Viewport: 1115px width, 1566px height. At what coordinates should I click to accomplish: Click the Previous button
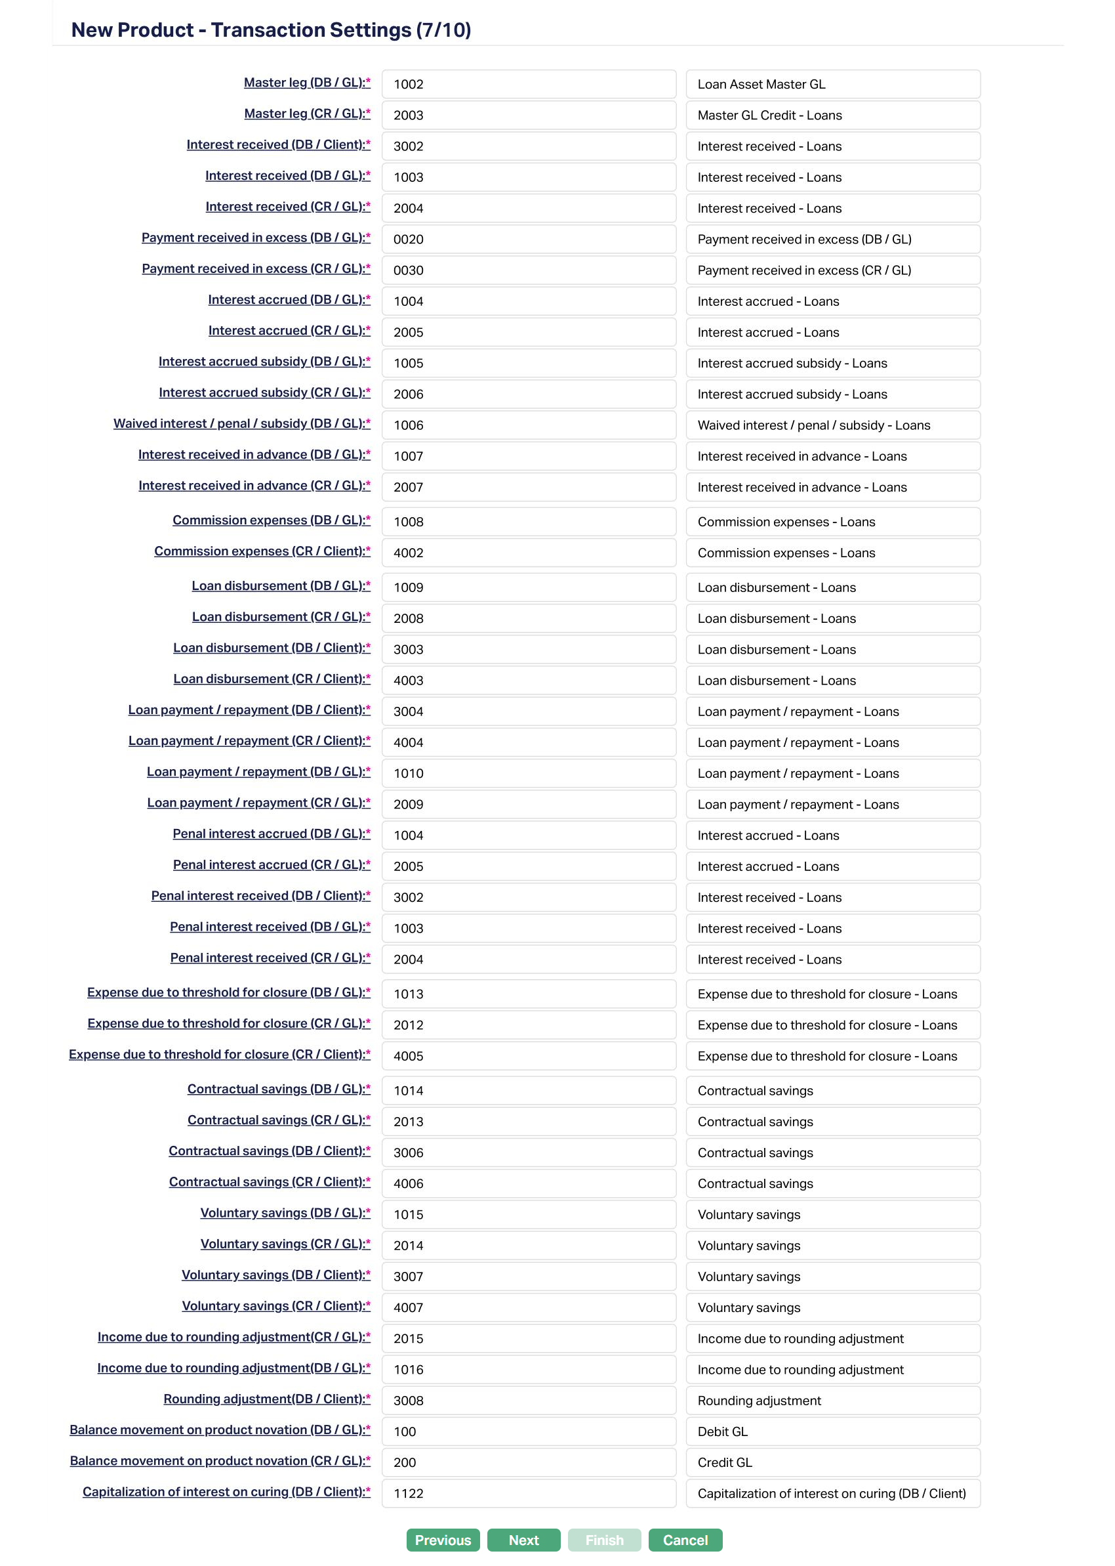pyautogui.click(x=443, y=1540)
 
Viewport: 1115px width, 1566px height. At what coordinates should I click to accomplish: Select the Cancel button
pyautogui.click(x=685, y=1540)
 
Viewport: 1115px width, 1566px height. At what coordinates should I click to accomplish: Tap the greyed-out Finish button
pyautogui.click(x=604, y=1540)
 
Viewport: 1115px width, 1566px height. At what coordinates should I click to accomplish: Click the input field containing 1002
pyautogui.click(x=529, y=84)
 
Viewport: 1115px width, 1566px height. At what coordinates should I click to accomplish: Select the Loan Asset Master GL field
pyautogui.click(x=832, y=84)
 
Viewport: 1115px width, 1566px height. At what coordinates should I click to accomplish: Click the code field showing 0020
pyautogui.click(x=529, y=239)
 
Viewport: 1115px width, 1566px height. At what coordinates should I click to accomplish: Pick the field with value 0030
pyautogui.click(x=529, y=270)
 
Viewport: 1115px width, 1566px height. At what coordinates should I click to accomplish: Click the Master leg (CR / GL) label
pyautogui.click(x=307, y=114)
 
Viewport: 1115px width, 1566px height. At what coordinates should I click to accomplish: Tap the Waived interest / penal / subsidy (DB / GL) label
pyautogui.click(x=241, y=423)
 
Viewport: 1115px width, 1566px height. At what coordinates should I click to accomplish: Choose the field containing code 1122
pyautogui.click(x=529, y=1493)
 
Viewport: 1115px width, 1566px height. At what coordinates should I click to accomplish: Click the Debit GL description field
pyautogui.click(x=832, y=1431)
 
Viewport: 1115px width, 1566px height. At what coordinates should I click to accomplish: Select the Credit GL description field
pyautogui.click(x=832, y=1462)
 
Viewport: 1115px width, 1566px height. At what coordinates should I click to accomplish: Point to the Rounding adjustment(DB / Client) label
pyautogui.click(x=266, y=1399)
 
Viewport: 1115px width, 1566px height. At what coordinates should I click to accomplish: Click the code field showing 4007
pyautogui.click(x=529, y=1307)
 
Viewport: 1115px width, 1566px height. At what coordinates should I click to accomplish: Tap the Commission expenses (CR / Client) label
pyautogui.click(x=262, y=551)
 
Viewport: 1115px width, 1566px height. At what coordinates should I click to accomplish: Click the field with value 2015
pyautogui.click(x=529, y=1338)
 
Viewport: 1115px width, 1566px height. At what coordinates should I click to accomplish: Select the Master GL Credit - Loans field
pyautogui.click(x=832, y=115)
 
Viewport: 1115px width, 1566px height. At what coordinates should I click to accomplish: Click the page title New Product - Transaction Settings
pyautogui.click(x=270, y=30)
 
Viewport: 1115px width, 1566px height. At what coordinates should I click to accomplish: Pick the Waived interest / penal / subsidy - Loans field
pyautogui.click(x=832, y=425)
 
